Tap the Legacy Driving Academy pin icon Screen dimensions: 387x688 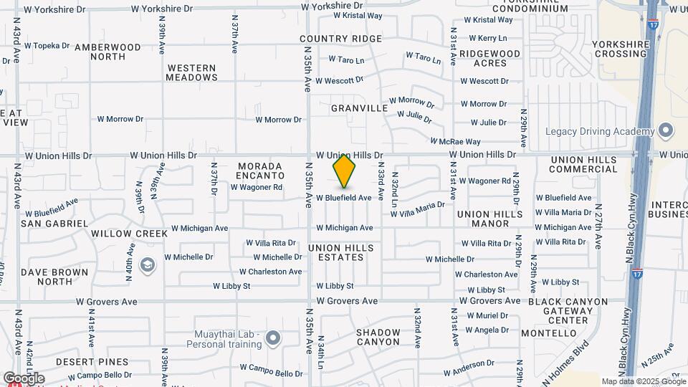[x=666, y=130]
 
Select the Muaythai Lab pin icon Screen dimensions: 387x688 [x=272, y=337]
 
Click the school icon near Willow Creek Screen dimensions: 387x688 [x=148, y=266]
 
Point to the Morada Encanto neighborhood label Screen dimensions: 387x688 [x=261, y=171]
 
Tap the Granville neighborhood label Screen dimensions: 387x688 [x=359, y=108]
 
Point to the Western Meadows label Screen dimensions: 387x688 [x=191, y=72]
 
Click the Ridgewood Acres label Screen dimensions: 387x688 [x=489, y=58]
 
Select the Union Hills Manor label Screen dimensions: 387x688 [x=489, y=219]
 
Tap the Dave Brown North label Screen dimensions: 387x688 [x=54, y=277]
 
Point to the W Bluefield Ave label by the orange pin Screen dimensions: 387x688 [x=344, y=198]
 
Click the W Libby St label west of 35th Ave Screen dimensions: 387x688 [x=231, y=286]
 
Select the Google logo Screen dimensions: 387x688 [x=23, y=378]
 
